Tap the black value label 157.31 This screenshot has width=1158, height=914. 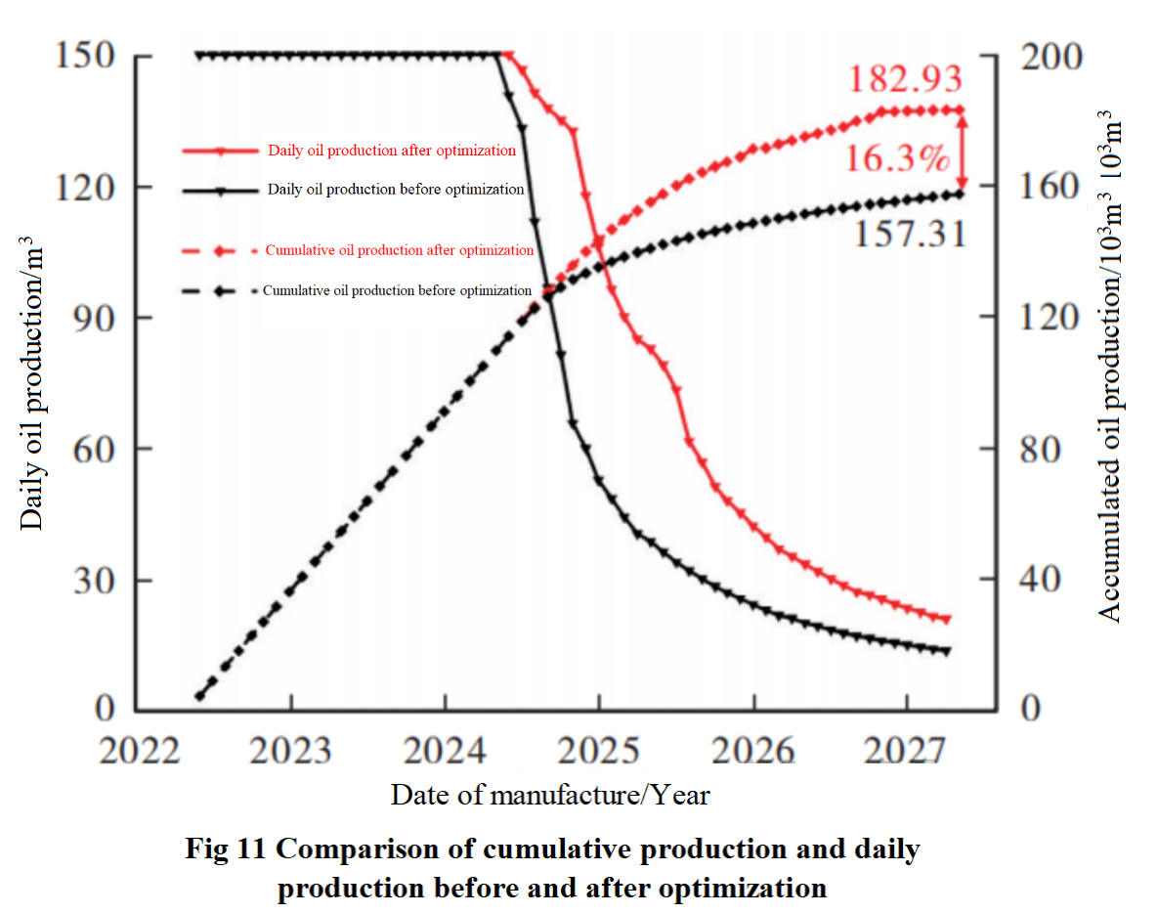[911, 233]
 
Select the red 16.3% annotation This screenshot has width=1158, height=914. [897, 156]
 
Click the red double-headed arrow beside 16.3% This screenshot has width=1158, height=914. [963, 152]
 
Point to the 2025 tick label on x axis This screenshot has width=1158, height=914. [599, 751]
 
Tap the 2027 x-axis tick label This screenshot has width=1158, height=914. [907, 751]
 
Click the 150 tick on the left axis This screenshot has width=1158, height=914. [89, 56]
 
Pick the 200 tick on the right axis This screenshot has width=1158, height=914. [1051, 56]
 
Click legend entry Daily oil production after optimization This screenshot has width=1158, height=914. [391, 151]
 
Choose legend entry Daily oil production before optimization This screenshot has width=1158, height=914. [395, 190]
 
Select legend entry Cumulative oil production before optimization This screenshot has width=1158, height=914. [397, 290]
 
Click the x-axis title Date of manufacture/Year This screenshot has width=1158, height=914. [550, 795]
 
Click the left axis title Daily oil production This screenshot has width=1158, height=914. [33, 381]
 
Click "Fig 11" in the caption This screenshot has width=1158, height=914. [228, 849]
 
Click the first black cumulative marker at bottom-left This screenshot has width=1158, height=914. [200, 696]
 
